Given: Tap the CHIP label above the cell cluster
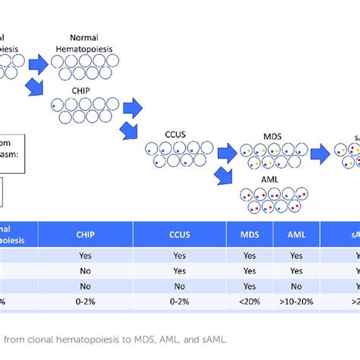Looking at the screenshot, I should [62, 89].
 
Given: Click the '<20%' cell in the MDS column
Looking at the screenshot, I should [250, 301].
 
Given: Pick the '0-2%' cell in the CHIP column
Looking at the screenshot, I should [84, 301].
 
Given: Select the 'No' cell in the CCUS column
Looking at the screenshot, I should [179, 286].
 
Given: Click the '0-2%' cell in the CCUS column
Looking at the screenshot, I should [179, 301].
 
